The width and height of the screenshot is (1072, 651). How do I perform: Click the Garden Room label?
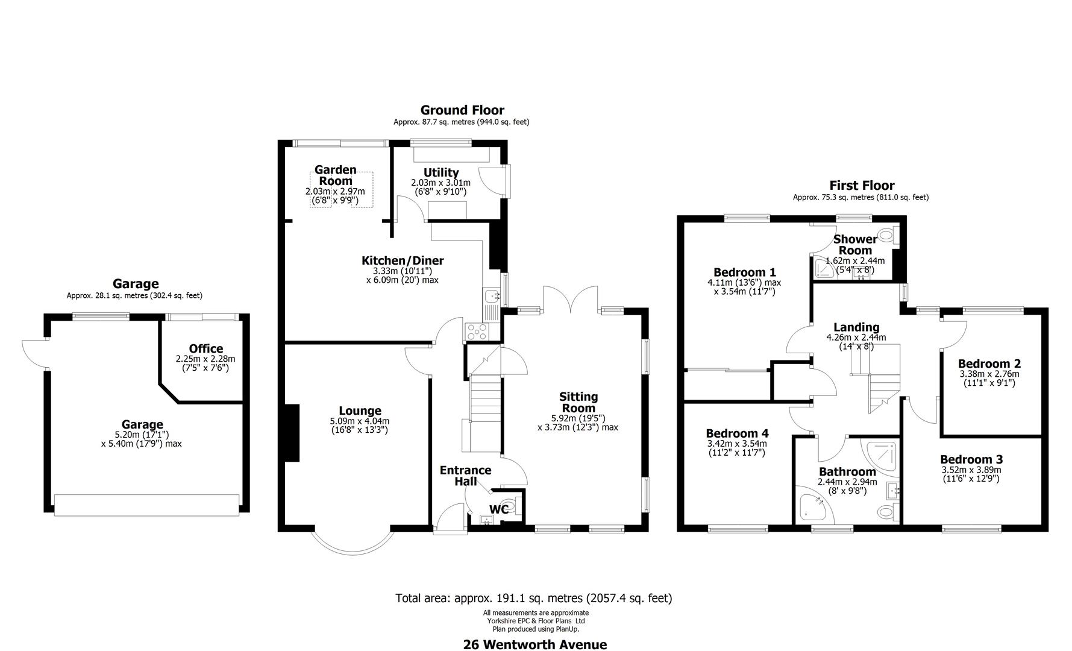[335, 175]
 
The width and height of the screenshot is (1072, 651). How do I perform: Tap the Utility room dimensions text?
[440, 187]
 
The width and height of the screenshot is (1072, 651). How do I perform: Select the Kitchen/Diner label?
[402, 260]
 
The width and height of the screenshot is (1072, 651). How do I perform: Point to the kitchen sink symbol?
[491, 295]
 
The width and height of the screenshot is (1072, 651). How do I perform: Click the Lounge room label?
[360, 411]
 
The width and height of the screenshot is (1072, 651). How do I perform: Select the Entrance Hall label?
[465, 476]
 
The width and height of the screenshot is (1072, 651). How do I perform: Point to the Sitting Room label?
[578, 402]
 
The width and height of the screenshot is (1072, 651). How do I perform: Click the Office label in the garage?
[205, 348]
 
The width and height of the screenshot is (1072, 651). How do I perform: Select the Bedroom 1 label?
[744, 272]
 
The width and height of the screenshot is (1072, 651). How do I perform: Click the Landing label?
[856, 327]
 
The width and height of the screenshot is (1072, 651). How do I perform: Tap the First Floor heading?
[861, 186]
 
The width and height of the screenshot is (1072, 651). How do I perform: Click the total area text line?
[533, 598]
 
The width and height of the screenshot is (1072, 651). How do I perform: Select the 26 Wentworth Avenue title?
[534, 644]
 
